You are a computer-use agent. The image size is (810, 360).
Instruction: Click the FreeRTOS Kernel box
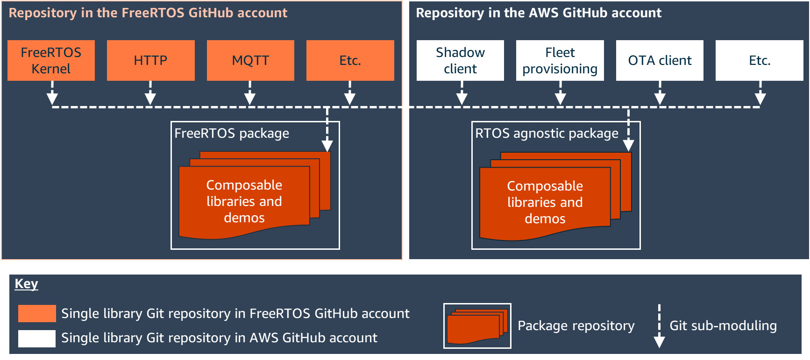pos(51,60)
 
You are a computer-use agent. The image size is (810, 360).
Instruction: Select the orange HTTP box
pos(150,60)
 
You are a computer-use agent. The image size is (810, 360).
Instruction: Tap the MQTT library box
pos(250,60)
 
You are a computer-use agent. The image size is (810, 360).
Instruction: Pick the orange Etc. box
pos(350,60)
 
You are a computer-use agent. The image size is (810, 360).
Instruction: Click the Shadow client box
pos(460,60)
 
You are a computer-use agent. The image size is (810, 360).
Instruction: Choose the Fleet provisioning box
pos(560,60)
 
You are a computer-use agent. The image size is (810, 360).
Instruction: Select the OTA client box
pos(660,60)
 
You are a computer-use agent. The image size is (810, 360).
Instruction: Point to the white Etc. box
pos(760,60)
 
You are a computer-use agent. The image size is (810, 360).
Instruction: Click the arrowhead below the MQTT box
pos(250,98)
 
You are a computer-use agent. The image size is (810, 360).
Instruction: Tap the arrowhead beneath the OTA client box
pos(660,98)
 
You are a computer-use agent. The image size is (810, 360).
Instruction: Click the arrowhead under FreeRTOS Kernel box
pos(52,98)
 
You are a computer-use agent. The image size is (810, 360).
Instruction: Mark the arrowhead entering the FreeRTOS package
pos(327,145)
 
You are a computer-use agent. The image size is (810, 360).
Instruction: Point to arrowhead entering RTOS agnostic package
pos(628,145)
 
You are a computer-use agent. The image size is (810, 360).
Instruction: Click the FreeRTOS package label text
pos(232,134)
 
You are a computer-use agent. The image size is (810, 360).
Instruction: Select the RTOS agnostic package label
pos(547,134)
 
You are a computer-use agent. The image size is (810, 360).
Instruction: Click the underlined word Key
pos(26,284)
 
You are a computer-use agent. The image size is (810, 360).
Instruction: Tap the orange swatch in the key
pos(37,313)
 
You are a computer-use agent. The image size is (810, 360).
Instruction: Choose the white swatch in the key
pos(37,339)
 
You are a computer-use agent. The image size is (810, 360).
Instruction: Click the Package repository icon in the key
pos(477,326)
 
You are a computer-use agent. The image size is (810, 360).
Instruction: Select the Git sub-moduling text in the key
pos(723,325)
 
